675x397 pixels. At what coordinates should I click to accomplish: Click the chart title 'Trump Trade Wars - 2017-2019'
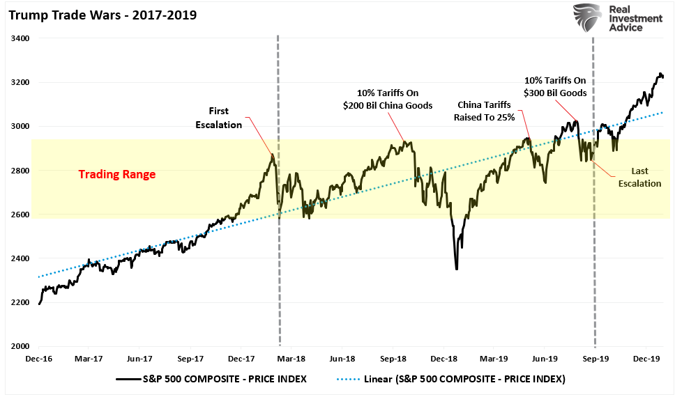103,15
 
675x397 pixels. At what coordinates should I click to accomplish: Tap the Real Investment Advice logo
617,20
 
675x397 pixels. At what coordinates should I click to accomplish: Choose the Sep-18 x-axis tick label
393,359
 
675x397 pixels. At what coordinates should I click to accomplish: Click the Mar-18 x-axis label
291,359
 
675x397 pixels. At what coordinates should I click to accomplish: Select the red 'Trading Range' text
116,174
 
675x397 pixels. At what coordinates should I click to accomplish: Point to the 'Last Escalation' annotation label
640,178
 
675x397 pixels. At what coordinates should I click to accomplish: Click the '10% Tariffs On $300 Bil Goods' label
556,86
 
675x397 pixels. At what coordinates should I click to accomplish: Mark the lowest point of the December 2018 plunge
457,269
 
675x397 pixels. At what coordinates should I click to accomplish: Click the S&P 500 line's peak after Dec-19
660,73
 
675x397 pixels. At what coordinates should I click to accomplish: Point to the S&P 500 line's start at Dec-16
39,304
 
